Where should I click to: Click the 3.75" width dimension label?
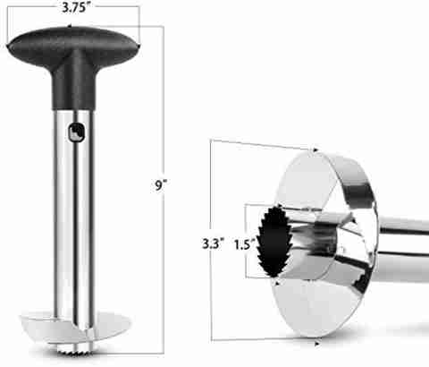74,8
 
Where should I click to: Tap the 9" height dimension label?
160,185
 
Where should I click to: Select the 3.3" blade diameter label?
213,243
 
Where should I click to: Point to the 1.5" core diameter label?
245,245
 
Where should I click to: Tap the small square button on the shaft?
77,132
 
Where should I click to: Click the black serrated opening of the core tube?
273,241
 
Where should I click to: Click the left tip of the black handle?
8,47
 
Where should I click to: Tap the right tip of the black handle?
139,46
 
